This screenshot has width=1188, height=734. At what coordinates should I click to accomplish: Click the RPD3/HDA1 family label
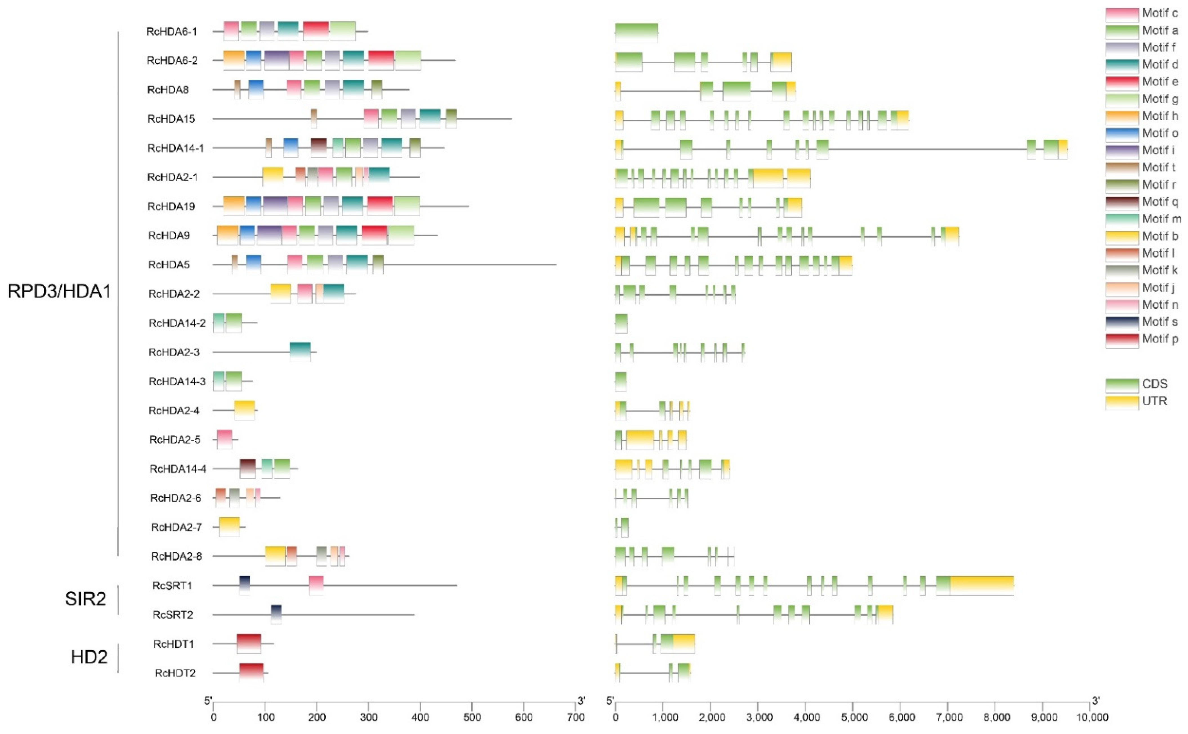59,291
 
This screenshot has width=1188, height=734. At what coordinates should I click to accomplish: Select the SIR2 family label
85,599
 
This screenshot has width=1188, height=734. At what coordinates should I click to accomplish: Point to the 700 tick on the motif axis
575,717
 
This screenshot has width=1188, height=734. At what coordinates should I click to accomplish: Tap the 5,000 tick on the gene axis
854,717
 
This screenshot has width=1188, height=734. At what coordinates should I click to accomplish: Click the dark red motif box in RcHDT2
251,673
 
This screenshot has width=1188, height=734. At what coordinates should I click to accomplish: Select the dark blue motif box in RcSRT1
245,586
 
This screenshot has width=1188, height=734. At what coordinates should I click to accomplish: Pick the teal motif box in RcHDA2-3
300,352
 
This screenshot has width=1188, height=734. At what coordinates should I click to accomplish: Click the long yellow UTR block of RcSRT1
981,586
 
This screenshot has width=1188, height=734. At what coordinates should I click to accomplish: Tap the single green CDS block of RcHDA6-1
636,33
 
